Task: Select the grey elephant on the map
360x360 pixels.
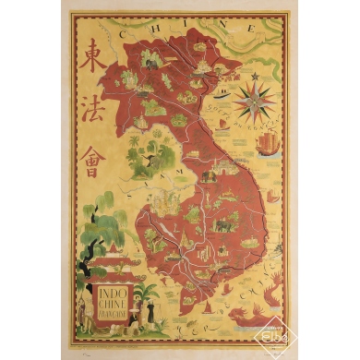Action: [x=224, y=223]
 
